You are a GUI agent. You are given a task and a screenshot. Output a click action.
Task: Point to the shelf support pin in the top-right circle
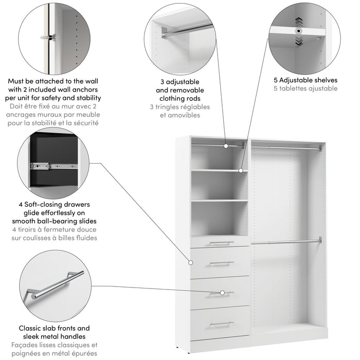coord(298,31)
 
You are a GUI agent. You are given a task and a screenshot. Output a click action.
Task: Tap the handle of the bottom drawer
coord(222,323)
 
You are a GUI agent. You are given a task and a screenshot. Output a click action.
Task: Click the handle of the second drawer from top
coord(222,264)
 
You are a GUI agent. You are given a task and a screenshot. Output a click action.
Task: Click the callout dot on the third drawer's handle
coord(222,293)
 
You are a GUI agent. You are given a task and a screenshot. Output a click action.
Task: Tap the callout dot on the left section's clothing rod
coord(226,146)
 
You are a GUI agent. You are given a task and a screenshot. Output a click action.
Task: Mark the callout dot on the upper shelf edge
coord(241,169)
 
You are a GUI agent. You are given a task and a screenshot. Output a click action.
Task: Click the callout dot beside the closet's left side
coord(187,261)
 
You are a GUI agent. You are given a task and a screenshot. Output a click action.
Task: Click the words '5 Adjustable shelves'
coord(305,80)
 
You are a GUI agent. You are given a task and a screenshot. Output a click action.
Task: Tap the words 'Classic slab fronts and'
coord(55,328)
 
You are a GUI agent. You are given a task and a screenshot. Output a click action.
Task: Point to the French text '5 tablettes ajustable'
coord(305,88)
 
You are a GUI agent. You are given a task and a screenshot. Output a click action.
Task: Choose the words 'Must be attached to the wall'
coord(54,81)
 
